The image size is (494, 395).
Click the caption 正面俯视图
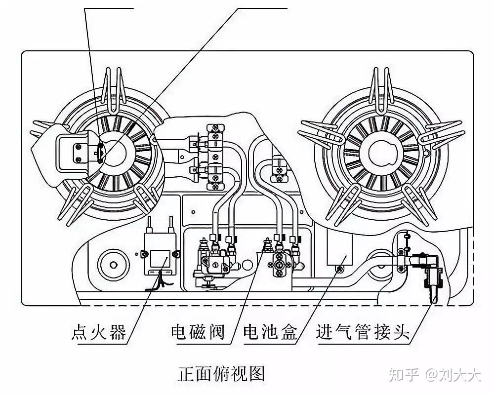point(222,373)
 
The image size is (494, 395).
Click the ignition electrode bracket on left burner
point(80,152)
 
